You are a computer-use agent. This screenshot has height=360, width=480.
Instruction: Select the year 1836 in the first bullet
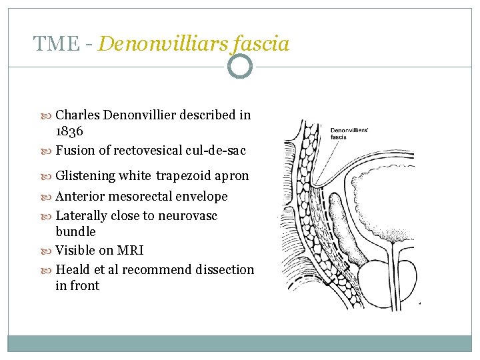(69, 132)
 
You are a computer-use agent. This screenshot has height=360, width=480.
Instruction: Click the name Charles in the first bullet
(79, 115)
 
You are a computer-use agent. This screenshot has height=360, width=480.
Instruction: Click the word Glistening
(85, 176)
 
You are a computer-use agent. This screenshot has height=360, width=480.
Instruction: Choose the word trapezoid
(183, 176)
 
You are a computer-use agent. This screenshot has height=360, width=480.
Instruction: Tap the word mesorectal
(143, 197)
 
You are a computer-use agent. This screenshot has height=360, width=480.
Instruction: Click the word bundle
(75, 232)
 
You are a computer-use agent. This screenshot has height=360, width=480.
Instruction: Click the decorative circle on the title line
(239, 66)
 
